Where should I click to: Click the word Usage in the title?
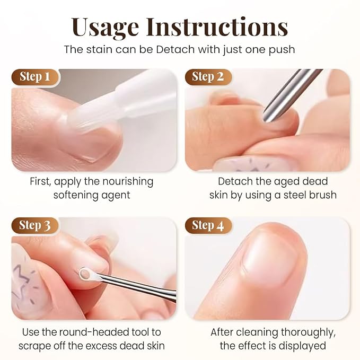(x=104, y=27)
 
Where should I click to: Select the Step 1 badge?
(x=35, y=77)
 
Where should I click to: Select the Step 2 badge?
(x=208, y=77)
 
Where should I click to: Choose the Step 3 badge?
(x=35, y=225)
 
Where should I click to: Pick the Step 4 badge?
(x=208, y=225)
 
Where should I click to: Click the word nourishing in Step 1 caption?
(x=128, y=182)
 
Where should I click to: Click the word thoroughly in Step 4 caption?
(x=308, y=333)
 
